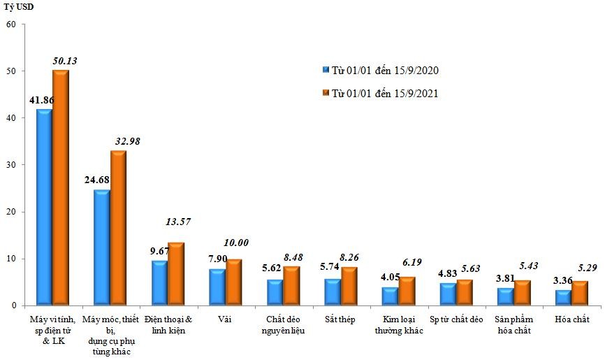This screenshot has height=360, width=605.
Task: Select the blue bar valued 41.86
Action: pyautogui.click(x=44, y=207)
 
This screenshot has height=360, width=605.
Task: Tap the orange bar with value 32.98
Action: pyautogui.click(x=119, y=228)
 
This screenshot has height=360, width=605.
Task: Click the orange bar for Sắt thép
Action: pyautogui.click(x=349, y=286)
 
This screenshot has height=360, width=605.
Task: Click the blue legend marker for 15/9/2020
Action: pyautogui.click(x=326, y=71)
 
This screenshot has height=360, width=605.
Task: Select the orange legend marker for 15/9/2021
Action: pyautogui.click(x=326, y=93)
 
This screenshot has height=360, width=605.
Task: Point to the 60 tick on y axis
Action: pyautogui.click(x=11, y=24)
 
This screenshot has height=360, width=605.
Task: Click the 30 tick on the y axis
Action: pyautogui.click(x=11, y=165)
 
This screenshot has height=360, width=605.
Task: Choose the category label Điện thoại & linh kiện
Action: pyautogui.click(x=168, y=324)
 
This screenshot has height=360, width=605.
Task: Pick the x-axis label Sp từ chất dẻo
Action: pyautogui.click(x=457, y=319)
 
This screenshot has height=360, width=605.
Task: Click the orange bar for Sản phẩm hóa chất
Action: pyautogui.click(x=523, y=293)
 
